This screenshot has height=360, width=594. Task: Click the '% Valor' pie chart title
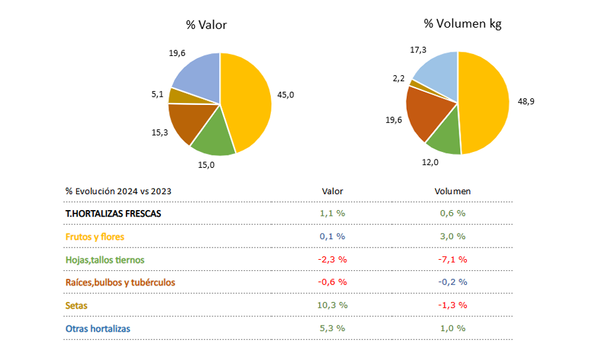point(206,25)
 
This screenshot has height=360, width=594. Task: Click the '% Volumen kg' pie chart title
point(463,24)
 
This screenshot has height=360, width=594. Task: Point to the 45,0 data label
point(285,95)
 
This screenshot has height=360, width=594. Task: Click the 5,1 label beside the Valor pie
point(157,94)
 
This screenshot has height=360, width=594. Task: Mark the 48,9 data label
point(526,101)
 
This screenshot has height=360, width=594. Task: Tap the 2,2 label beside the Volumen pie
point(399,79)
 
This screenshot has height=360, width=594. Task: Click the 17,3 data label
point(418,50)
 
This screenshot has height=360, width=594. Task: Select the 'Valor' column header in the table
point(332,191)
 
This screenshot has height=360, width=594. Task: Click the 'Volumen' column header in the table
point(452,191)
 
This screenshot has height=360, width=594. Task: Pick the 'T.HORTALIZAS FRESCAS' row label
point(113,214)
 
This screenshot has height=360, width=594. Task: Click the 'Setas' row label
point(76,305)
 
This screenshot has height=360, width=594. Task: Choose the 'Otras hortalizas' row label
point(98,328)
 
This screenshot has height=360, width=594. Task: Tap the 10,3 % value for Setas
point(332,305)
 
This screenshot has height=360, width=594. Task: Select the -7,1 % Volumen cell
point(452,260)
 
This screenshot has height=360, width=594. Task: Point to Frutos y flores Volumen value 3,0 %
point(452,236)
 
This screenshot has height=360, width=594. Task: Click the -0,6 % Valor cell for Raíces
point(332,282)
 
